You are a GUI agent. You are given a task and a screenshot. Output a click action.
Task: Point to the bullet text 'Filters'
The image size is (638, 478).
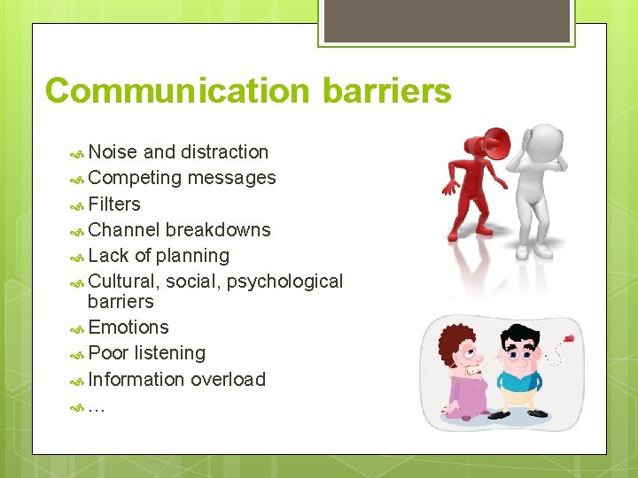[x=114, y=204]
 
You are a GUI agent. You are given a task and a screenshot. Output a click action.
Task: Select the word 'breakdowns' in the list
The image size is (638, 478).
[x=218, y=230]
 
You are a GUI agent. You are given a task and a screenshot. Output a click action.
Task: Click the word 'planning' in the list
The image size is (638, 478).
[x=192, y=256]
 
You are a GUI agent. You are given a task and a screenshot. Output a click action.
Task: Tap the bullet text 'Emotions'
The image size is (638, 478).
[x=128, y=328]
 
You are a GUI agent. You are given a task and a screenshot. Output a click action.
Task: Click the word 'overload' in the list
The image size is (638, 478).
[x=228, y=380]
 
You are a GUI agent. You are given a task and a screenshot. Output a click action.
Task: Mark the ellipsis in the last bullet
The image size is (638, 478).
[x=97, y=408]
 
